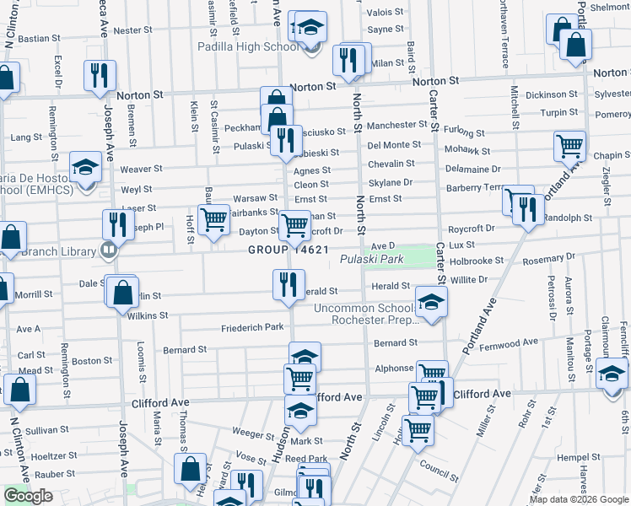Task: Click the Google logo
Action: point(29,496)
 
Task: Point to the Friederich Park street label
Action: point(252,327)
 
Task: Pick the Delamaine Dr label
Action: point(473,170)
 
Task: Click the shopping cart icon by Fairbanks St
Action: point(214,219)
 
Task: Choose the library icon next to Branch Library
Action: point(108,250)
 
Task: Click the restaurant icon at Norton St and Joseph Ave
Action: point(100,74)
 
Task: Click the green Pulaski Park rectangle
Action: point(413,255)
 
